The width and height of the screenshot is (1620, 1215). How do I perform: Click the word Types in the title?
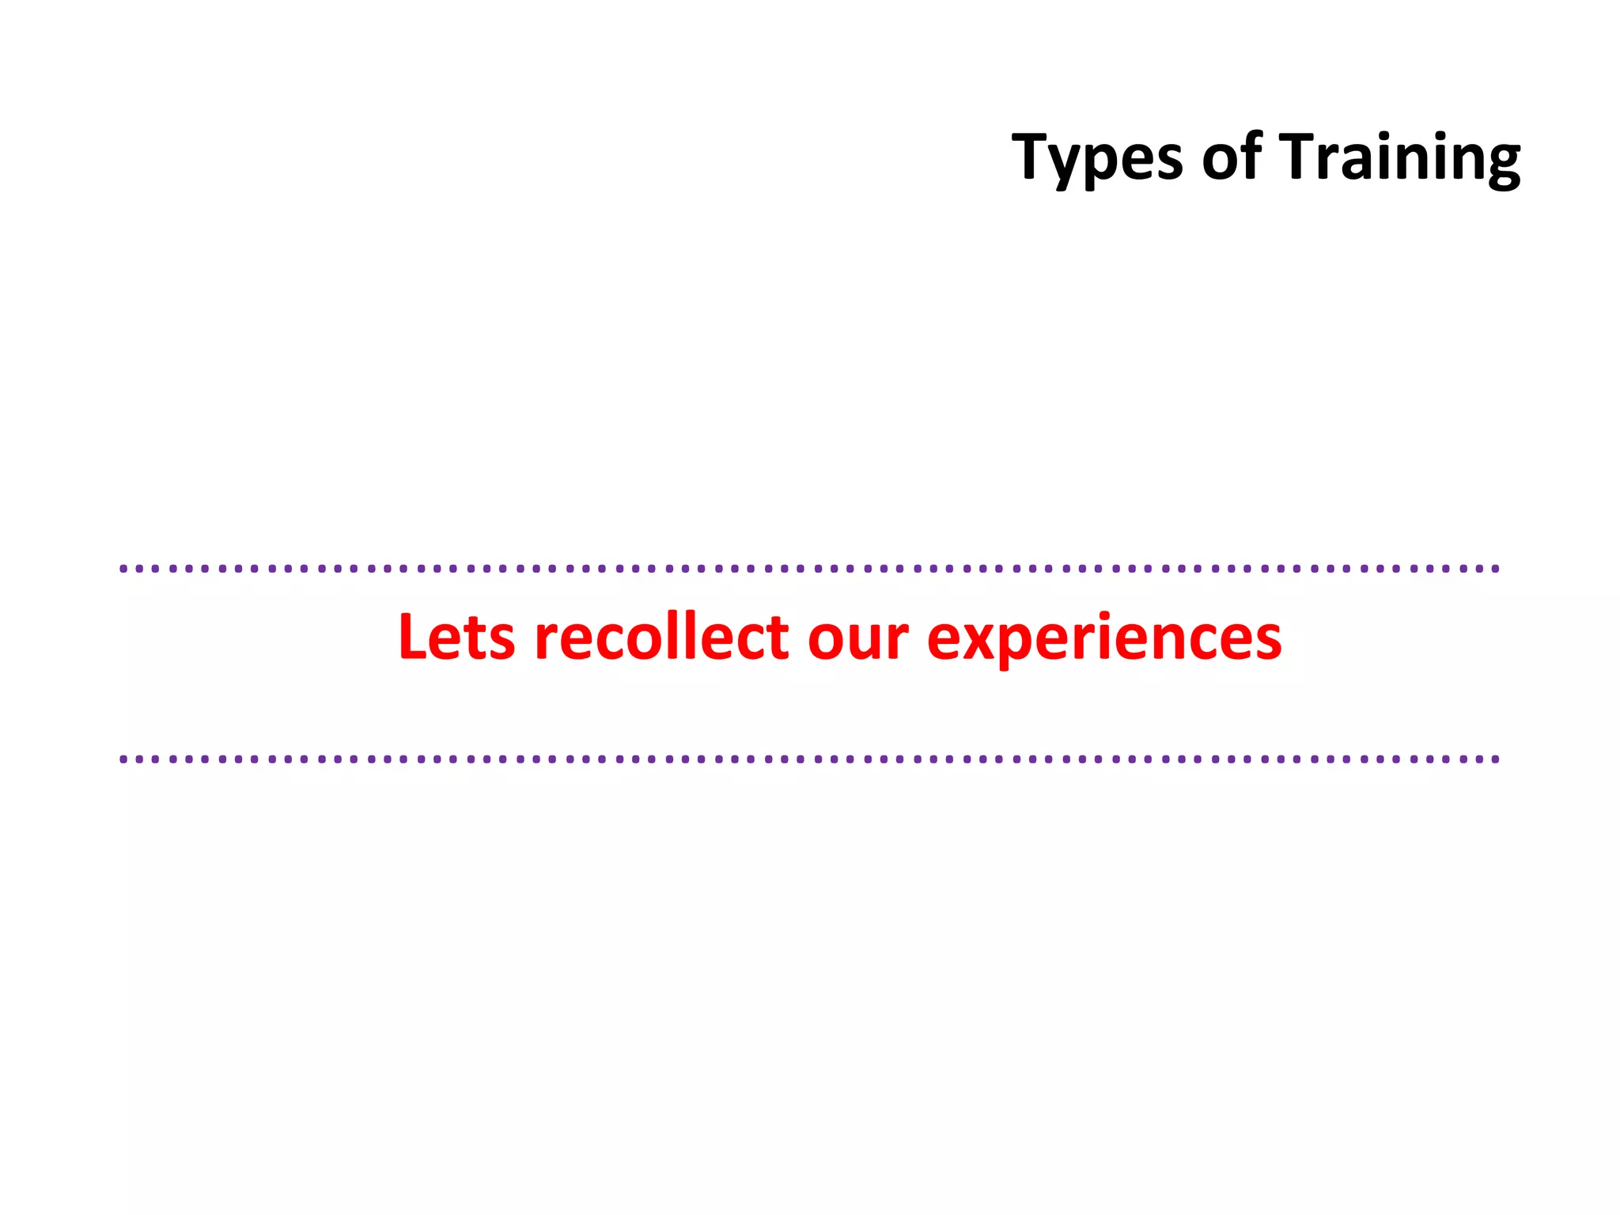(1097, 158)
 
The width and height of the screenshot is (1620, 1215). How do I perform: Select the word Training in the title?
(1399, 158)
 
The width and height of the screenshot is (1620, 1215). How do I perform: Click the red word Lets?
(456, 637)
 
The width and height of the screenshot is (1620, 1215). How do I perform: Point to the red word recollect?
(661, 637)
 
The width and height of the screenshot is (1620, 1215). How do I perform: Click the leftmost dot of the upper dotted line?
(123, 569)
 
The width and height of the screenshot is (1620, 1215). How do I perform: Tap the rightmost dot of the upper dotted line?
(1495, 569)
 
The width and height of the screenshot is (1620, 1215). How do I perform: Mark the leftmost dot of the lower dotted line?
(123, 759)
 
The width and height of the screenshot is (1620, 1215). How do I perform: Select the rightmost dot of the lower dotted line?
(1495, 759)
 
